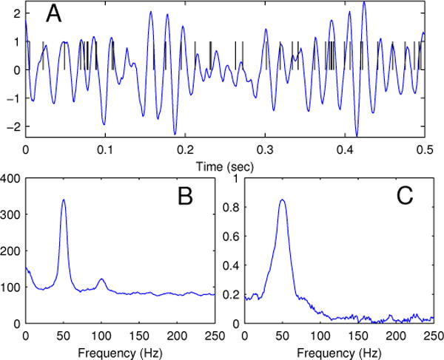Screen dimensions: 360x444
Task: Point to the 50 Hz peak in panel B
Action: (x=64, y=200)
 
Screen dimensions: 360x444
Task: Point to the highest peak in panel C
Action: (x=282, y=200)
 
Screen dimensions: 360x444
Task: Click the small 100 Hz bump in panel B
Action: (x=101, y=279)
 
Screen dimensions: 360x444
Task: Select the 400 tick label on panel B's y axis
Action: (x=12, y=177)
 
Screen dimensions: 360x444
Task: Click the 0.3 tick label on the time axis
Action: (x=264, y=147)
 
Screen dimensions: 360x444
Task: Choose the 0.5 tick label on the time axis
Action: (x=424, y=147)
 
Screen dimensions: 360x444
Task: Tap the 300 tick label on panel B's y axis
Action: (x=12, y=214)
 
